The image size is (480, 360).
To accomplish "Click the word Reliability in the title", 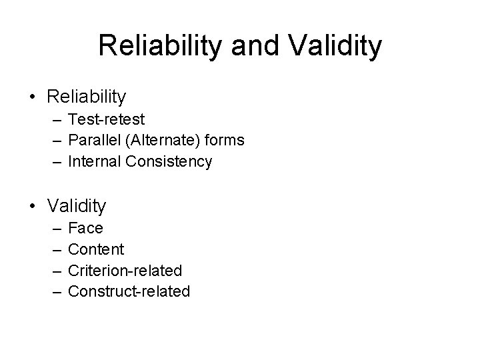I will coord(157,46).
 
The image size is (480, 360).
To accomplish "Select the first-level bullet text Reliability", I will coord(86,97).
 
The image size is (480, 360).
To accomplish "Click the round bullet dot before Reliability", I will coord(33,97).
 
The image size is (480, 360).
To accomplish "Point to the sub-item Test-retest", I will coord(106,119).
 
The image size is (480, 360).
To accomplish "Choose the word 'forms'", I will coord(225,141).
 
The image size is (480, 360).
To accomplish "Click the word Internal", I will coord(92,161).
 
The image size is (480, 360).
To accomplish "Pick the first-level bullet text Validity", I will coord(77,206).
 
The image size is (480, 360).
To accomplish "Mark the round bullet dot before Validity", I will coord(33,207).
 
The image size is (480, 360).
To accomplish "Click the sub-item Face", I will coord(86,228).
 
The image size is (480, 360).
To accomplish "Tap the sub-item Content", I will coord(96,249).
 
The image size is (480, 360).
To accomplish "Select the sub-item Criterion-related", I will coord(125,270).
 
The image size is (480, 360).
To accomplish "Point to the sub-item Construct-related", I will coord(129,291).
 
